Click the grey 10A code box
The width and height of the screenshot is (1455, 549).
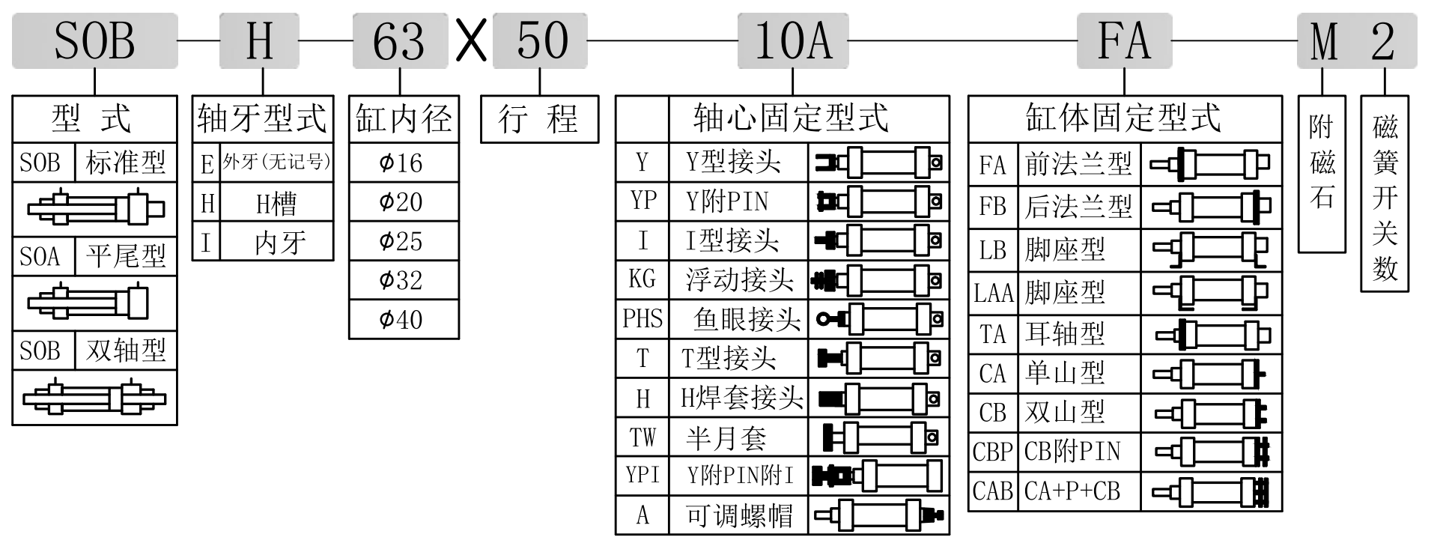[792, 40]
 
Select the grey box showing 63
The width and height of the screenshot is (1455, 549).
[400, 40]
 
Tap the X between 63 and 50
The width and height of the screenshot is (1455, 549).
[472, 41]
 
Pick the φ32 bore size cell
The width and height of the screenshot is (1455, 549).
[404, 280]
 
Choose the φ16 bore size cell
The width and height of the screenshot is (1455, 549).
[404, 163]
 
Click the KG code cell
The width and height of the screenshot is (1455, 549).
[642, 279]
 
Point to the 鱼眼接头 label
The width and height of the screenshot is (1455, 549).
[746, 319]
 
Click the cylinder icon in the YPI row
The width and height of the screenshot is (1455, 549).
[878, 476]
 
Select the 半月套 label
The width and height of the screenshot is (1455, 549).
[726, 437]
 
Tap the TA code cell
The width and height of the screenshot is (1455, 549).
[992, 334]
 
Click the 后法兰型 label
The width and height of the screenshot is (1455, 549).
[1078, 207]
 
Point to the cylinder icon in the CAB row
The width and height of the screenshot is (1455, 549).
[1211, 491]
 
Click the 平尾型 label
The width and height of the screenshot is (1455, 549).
[125, 257]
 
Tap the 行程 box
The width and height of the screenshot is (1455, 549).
[539, 119]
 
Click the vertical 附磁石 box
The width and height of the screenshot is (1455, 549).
[1322, 173]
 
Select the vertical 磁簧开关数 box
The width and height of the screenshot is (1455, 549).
[1385, 193]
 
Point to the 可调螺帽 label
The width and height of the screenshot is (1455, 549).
[738, 515]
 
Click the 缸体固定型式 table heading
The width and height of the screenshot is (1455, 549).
[1124, 118]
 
